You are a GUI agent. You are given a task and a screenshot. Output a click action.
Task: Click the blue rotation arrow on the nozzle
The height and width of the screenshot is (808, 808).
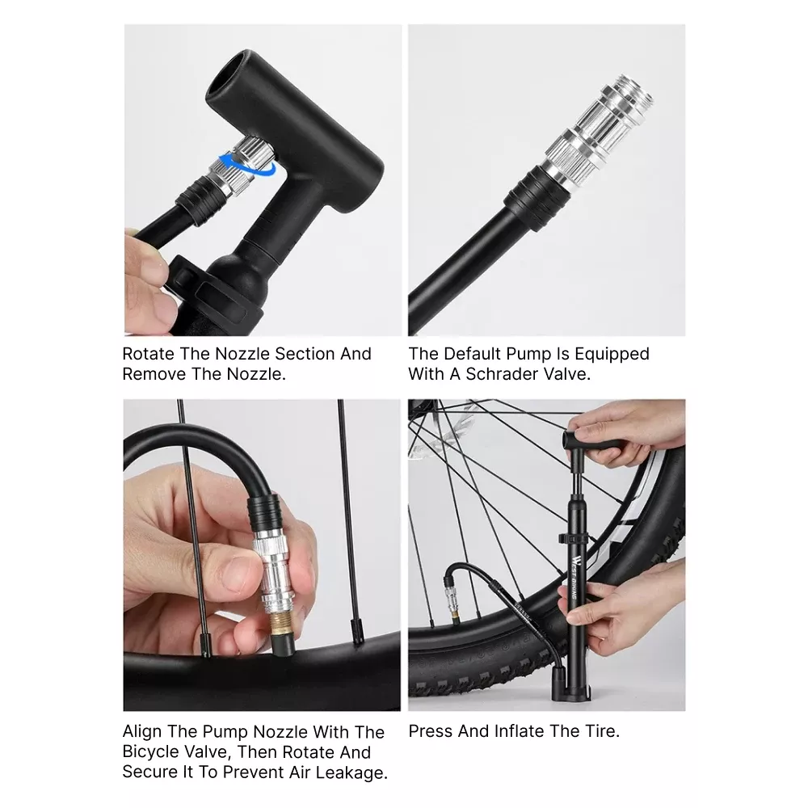pyautogui.click(x=246, y=166)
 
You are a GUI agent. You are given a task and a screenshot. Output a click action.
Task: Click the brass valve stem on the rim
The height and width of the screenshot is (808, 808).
pyautogui.click(x=281, y=621)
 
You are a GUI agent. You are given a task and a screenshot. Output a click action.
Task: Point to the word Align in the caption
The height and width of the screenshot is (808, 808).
pyautogui.click(x=142, y=732)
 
